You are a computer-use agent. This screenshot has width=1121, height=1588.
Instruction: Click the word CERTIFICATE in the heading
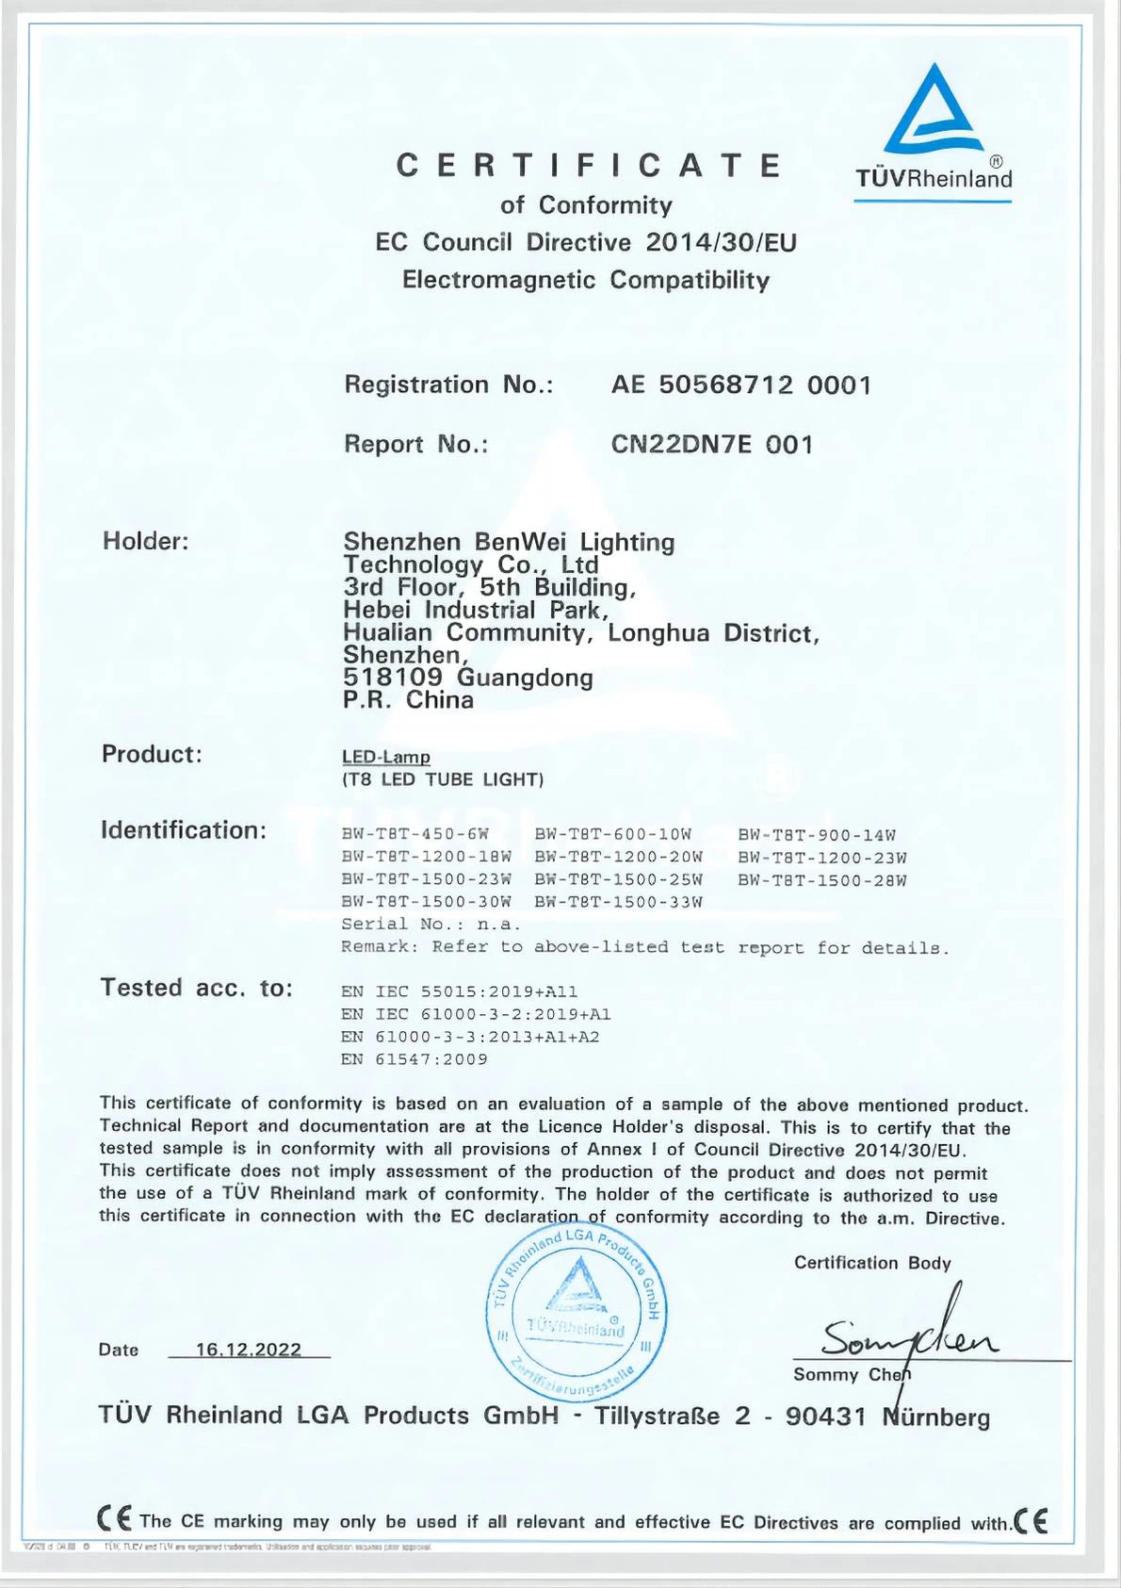pyautogui.click(x=588, y=166)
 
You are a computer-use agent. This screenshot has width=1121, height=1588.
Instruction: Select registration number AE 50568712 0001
pyautogui.click(x=741, y=385)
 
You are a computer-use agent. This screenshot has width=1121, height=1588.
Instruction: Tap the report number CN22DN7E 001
pyautogui.click(x=711, y=444)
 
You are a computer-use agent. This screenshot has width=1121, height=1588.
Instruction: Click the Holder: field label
pyautogui.click(x=146, y=541)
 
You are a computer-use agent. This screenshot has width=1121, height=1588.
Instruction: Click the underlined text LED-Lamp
pyautogui.click(x=386, y=757)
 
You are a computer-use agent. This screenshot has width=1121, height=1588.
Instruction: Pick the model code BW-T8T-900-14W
pyautogui.click(x=817, y=835)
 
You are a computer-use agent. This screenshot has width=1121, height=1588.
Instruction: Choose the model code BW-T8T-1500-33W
pyautogui.click(x=618, y=902)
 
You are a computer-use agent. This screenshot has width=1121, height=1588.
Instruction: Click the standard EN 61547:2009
pyautogui.click(x=414, y=1059)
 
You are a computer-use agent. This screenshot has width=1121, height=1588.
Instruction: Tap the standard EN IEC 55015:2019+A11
pyautogui.click(x=459, y=991)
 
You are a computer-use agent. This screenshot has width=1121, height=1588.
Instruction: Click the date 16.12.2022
pyautogui.click(x=249, y=1350)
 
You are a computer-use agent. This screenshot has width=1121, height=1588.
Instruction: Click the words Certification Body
pyautogui.click(x=872, y=1263)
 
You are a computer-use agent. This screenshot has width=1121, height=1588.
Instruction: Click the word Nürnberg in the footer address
pyautogui.click(x=936, y=1417)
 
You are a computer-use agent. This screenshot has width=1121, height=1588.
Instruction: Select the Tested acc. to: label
pyautogui.click(x=197, y=988)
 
